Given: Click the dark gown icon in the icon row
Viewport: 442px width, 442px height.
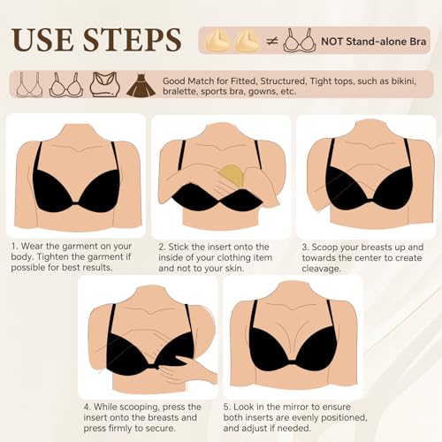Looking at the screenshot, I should click(x=139, y=85).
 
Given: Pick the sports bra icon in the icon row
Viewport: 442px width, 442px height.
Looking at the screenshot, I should click(x=103, y=85).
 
